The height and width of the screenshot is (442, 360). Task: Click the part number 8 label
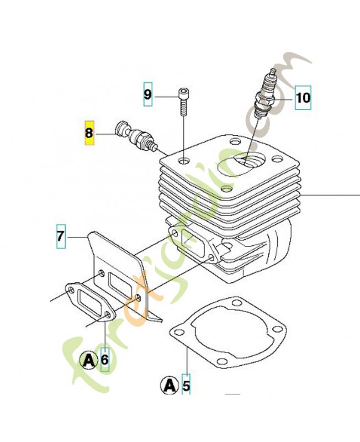tap(89, 133)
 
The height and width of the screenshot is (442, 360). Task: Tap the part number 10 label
tap(303, 98)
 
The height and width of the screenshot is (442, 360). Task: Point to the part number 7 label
tap(61, 236)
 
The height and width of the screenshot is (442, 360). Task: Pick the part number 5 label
tap(186, 384)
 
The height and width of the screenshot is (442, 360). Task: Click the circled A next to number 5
tap(170, 384)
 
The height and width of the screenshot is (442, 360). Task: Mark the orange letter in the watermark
tap(133, 304)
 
